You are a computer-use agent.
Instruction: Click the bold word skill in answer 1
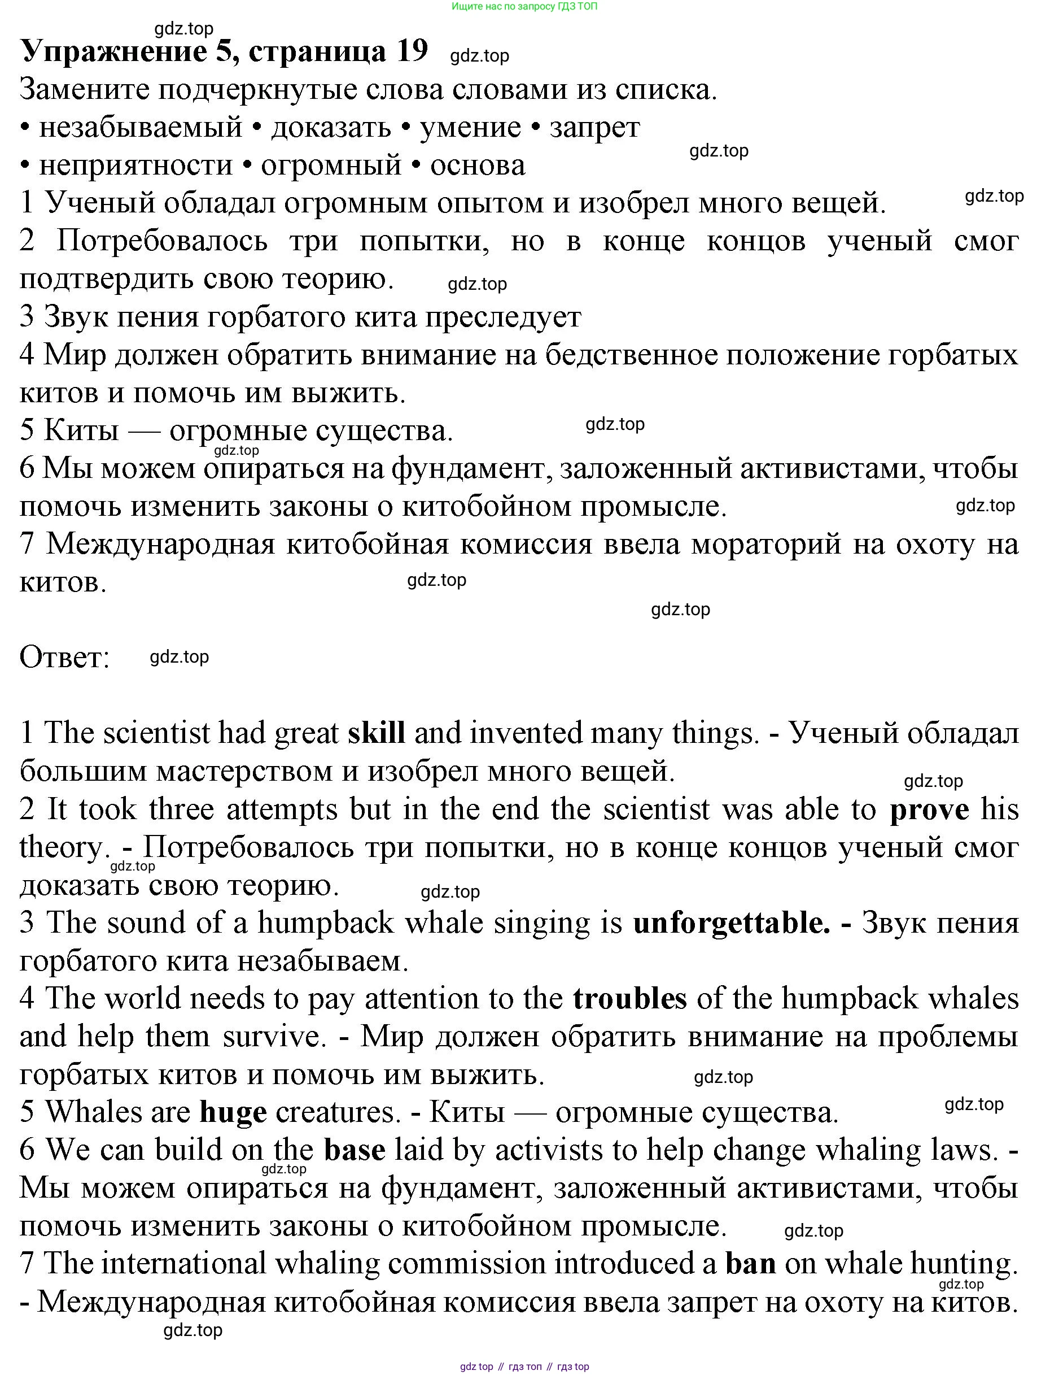click(376, 733)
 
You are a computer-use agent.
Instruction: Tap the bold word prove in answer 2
click(929, 810)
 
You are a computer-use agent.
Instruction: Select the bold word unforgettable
click(731, 924)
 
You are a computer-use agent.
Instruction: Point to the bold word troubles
click(629, 999)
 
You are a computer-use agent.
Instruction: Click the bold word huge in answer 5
click(233, 1112)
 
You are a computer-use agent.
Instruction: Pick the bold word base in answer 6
click(355, 1150)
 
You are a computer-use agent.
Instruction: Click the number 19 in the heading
click(411, 50)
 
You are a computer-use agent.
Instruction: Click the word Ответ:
click(65, 657)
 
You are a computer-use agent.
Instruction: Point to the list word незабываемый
click(141, 128)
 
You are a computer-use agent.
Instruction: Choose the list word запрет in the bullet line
click(594, 128)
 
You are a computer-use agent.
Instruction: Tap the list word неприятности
click(135, 166)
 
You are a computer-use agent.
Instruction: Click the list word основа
click(478, 166)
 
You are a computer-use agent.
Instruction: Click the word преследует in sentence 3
click(504, 317)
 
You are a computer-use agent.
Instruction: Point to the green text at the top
click(524, 7)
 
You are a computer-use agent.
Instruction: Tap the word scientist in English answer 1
click(157, 733)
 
